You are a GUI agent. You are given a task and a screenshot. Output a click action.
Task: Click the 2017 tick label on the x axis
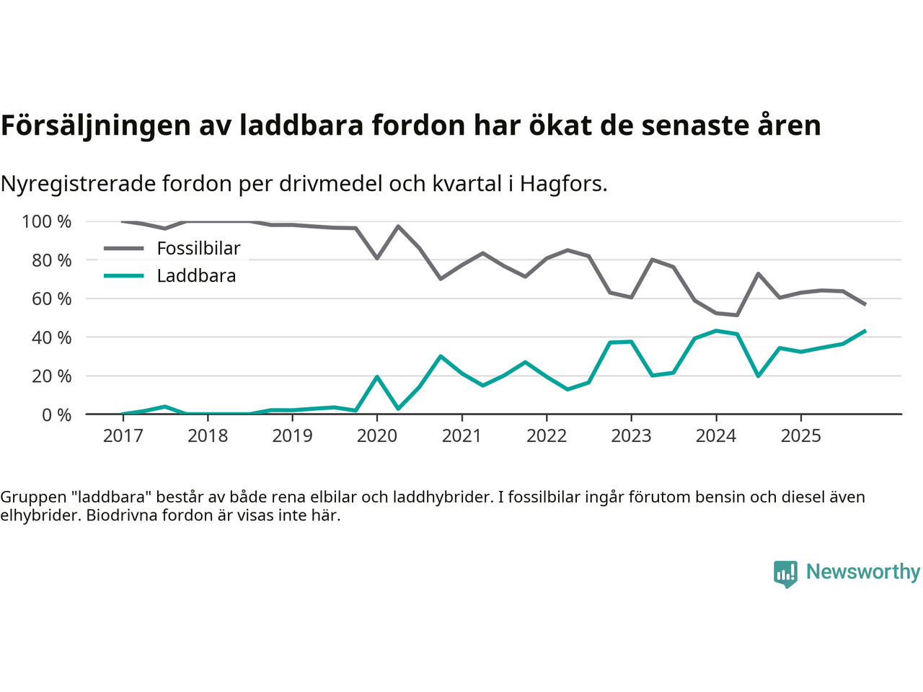123,435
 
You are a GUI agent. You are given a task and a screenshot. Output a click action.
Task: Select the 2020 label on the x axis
377,435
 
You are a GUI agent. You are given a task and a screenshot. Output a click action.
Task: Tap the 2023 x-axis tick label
631,435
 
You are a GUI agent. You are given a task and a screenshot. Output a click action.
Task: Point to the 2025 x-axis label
800,435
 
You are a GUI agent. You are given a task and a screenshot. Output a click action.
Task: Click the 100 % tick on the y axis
47,221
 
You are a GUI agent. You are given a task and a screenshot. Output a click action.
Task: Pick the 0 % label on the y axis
56,414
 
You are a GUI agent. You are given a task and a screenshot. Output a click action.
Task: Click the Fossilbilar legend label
198,249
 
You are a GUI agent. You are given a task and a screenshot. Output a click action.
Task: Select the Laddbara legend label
196,276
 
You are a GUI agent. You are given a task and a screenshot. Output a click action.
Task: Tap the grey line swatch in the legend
124,249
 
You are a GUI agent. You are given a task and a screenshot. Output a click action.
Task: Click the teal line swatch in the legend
124,276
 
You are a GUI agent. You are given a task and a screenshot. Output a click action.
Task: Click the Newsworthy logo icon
785,574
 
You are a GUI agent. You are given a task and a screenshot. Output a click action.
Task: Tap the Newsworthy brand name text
862,572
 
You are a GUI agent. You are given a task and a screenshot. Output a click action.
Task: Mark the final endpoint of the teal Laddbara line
865,331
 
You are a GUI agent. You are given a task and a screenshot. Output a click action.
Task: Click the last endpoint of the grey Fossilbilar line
865,304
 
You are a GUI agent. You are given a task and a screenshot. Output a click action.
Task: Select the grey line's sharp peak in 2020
398,226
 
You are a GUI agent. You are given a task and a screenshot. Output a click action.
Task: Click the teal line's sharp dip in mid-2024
758,376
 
